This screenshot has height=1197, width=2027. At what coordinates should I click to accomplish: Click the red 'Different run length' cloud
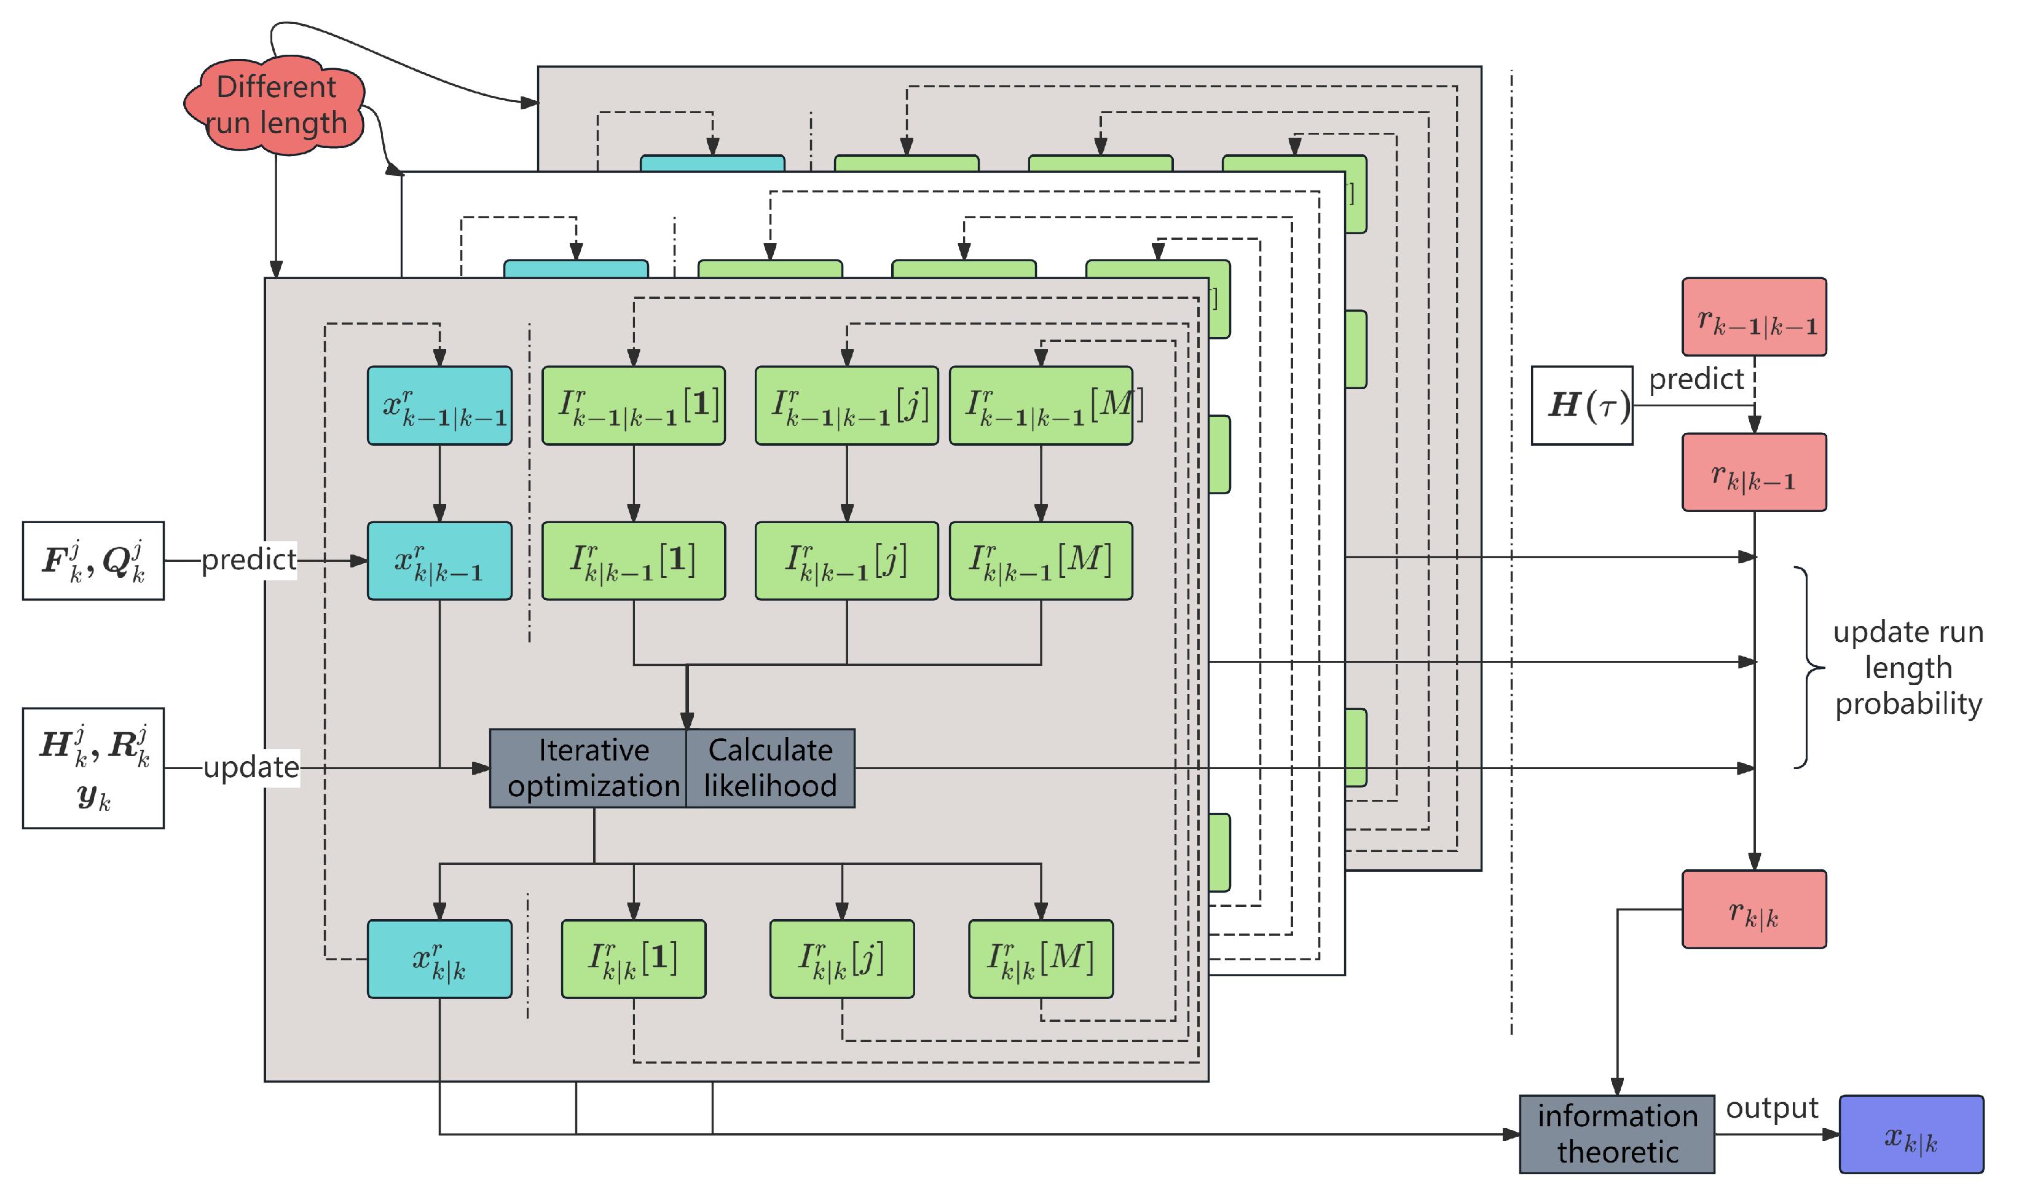click(276, 105)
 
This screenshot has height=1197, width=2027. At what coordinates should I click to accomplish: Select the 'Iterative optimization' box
click(589, 768)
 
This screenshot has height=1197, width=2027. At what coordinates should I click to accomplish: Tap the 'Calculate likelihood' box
click(771, 768)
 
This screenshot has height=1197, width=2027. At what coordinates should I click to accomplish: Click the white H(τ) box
click(1583, 406)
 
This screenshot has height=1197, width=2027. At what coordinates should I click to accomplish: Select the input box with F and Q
click(93, 561)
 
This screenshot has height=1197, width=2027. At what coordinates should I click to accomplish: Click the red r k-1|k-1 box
click(1755, 317)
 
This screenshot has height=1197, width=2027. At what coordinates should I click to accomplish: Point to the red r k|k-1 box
click(1755, 473)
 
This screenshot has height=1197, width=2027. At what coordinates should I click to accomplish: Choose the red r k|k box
click(1755, 910)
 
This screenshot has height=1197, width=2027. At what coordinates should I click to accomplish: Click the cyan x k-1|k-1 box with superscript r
click(439, 406)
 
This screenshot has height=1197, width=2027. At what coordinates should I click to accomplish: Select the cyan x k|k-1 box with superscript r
click(439, 561)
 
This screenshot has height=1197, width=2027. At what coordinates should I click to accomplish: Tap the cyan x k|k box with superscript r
click(439, 959)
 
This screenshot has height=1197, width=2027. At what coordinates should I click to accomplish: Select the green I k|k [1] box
click(634, 959)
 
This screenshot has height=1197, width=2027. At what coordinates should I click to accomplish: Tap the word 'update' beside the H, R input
click(251, 767)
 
